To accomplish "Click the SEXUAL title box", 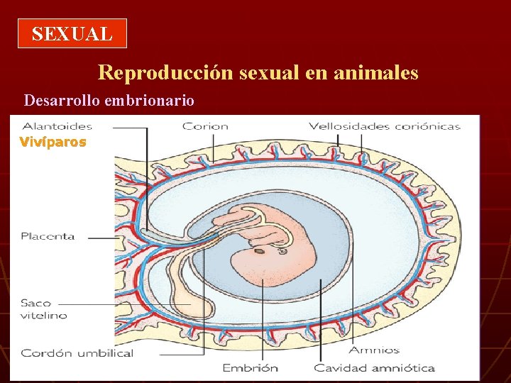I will tap(72, 33).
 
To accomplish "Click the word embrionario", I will tap(149, 100).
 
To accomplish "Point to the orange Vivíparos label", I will tap(53, 142).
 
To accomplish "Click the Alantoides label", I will tap(57, 126).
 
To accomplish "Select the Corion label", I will tap(205, 126).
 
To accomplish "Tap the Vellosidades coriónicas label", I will tap(384, 126).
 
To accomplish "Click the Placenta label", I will tap(48, 236).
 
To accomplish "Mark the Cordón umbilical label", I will tap(77, 353).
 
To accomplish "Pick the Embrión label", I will tap(250, 367).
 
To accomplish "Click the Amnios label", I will tap(374, 350).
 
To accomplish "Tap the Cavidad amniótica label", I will tap(374, 367).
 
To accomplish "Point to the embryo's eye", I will tap(282, 250).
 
